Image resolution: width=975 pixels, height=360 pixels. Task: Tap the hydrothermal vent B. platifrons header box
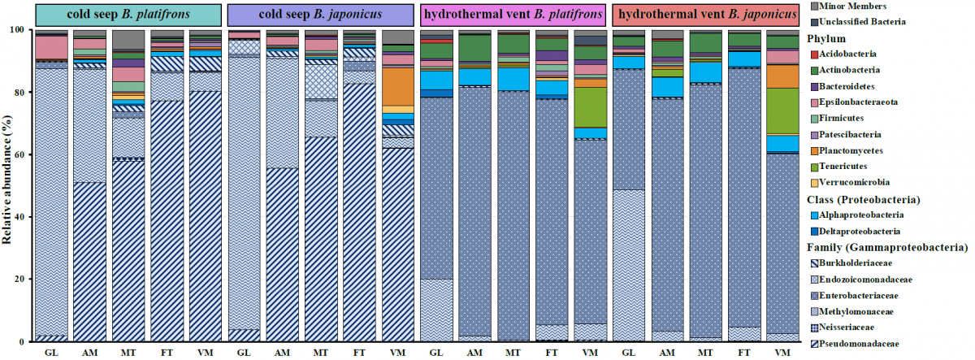(513, 14)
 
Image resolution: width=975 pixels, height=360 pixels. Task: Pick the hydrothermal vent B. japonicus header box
(704, 14)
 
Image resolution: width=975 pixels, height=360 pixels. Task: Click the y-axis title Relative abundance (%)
(10, 185)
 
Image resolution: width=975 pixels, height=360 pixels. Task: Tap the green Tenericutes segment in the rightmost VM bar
(782, 111)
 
